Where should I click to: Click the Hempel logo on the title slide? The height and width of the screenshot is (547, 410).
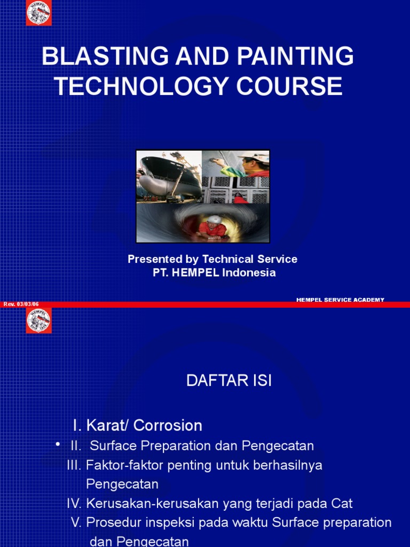pos(39,13)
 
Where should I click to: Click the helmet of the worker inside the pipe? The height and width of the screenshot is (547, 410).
pos(214,219)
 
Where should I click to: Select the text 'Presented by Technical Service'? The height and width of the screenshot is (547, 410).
pos(212,259)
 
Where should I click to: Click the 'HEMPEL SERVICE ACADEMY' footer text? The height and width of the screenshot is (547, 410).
pos(340,300)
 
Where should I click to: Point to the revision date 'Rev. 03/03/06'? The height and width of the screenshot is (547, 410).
pos(21,304)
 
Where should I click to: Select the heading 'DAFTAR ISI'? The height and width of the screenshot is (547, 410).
pos(228,381)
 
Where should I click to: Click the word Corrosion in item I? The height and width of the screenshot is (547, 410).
pos(168,425)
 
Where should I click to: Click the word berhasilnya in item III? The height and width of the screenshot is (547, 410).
pos(290,465)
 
